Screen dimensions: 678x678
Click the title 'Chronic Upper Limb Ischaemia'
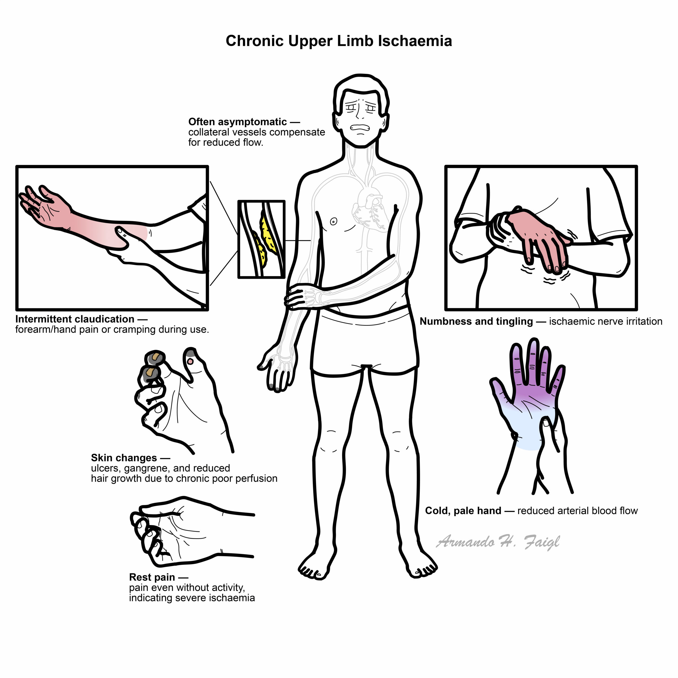coord(339,41)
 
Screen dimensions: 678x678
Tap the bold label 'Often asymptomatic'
coord(238,122)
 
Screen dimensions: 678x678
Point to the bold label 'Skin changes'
coord(124,458)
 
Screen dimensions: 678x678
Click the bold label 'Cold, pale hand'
coord(463,511)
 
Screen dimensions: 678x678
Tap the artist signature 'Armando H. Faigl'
coord(498,542)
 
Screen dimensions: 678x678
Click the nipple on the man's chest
coord(334,221)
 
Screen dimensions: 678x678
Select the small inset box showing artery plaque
coord(261,239)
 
